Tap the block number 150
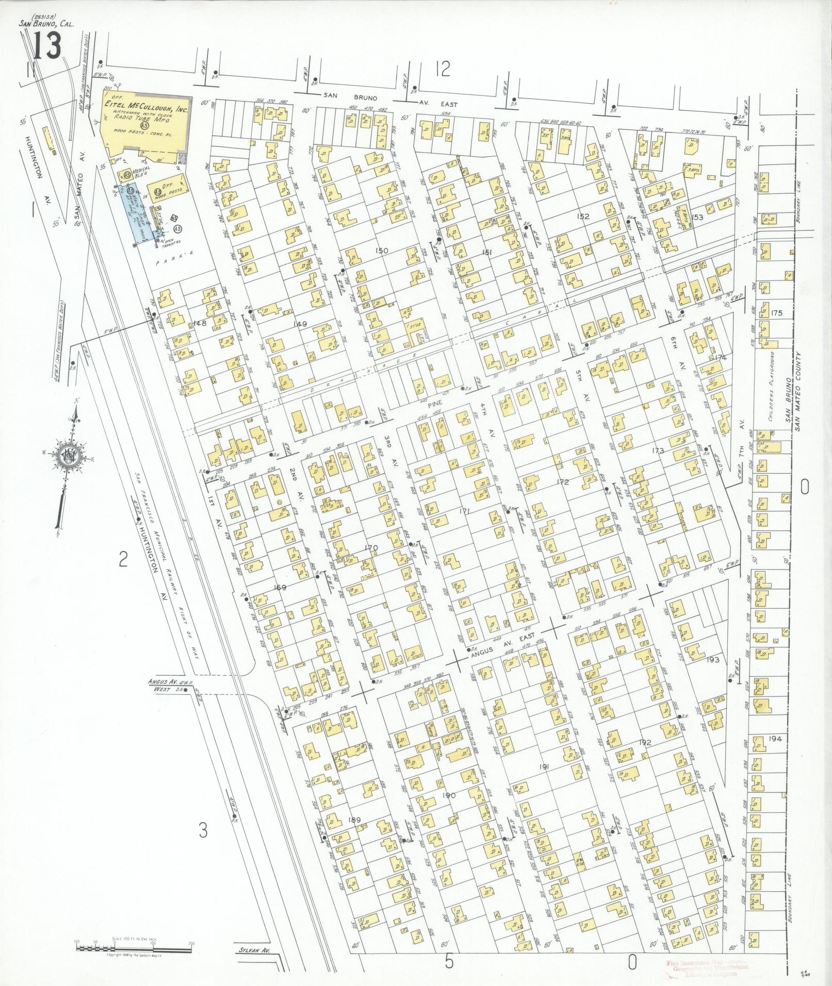(382, 251)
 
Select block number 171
(465, 511)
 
